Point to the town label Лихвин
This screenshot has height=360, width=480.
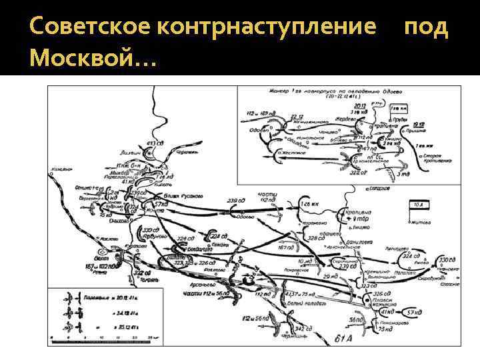[x=131, y=153]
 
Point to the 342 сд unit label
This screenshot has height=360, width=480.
[x=304, y=328]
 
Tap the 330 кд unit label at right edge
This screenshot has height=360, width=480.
[x=445, y=259]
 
